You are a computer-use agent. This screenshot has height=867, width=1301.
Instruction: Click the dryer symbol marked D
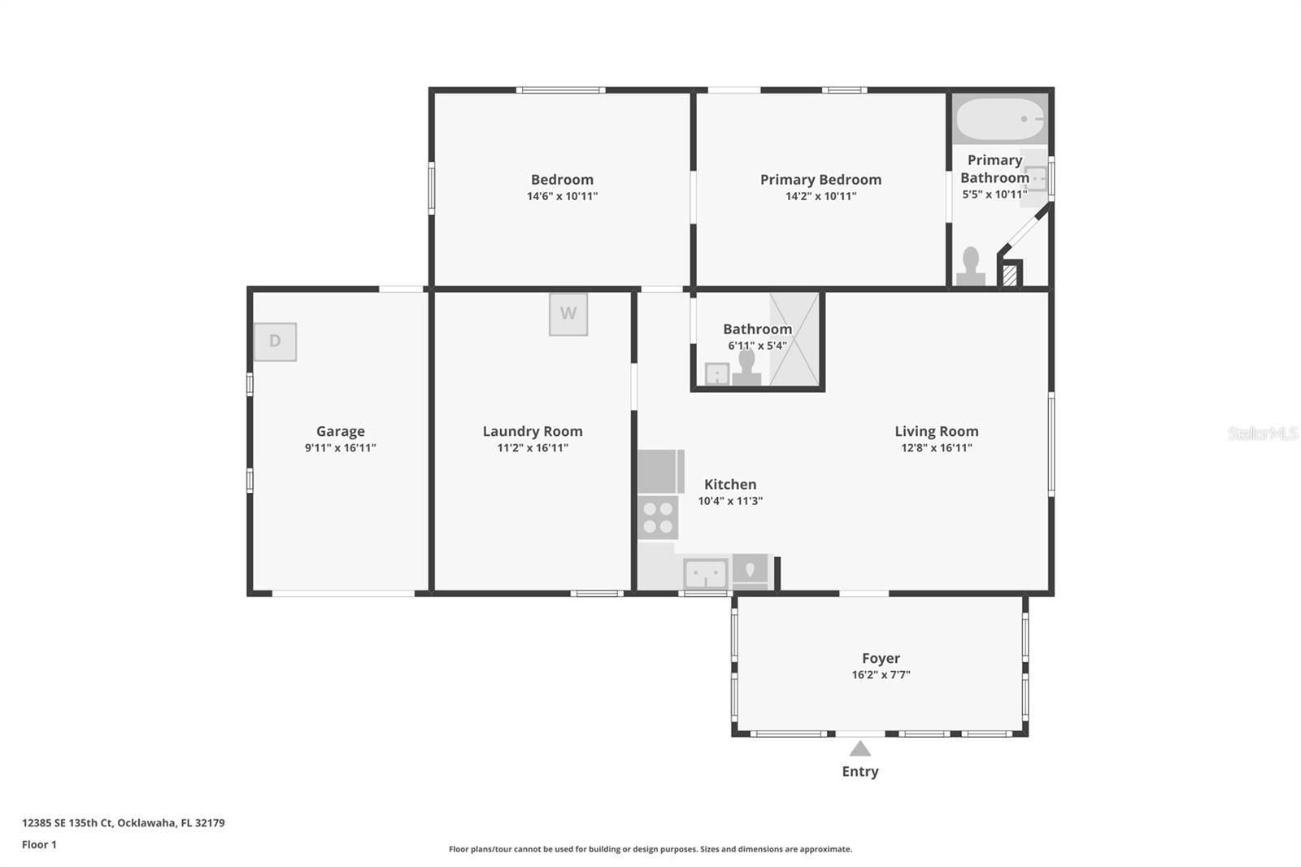275,342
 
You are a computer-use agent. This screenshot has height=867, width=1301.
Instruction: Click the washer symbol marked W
568,314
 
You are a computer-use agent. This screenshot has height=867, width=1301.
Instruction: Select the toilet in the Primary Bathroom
970,266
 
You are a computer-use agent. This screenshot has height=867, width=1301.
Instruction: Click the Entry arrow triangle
860,749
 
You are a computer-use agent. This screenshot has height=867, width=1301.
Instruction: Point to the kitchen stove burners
658,518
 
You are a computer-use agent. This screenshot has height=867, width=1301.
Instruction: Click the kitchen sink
705,573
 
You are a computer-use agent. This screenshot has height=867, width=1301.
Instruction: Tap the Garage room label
340,431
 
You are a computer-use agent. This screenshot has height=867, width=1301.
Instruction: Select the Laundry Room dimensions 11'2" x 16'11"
533,448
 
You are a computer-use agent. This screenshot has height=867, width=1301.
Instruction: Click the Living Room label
936,431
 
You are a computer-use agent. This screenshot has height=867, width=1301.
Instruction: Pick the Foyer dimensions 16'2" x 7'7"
881,675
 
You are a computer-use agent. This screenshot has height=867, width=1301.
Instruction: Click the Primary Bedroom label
820,180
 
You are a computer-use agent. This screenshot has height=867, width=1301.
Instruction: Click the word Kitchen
730,484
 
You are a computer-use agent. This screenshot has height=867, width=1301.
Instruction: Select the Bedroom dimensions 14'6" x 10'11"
562,196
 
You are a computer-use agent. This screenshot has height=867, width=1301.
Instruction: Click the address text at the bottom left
124,822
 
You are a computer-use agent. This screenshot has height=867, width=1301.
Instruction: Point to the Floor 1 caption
39,844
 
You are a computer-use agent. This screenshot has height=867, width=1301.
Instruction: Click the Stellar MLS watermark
1262,433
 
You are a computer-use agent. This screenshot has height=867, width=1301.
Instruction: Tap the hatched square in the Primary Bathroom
1009,275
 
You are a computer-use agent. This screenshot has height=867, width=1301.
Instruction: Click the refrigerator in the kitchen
659,472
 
